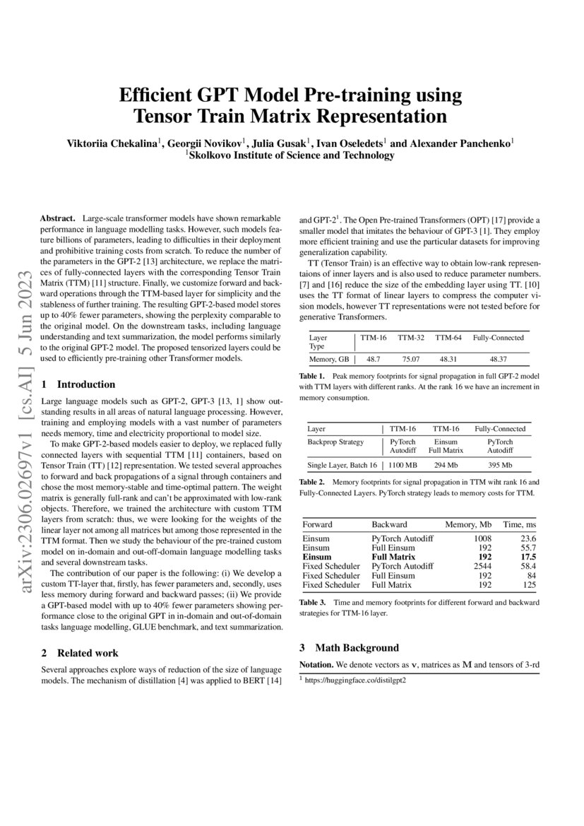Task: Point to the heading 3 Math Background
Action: point(349,647)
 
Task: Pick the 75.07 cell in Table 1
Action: point(411,359)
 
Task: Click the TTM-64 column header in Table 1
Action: point(448,338)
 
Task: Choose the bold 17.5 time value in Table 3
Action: point(526,557)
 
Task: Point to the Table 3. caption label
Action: point(313,602)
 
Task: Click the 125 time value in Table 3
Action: point(529,584)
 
